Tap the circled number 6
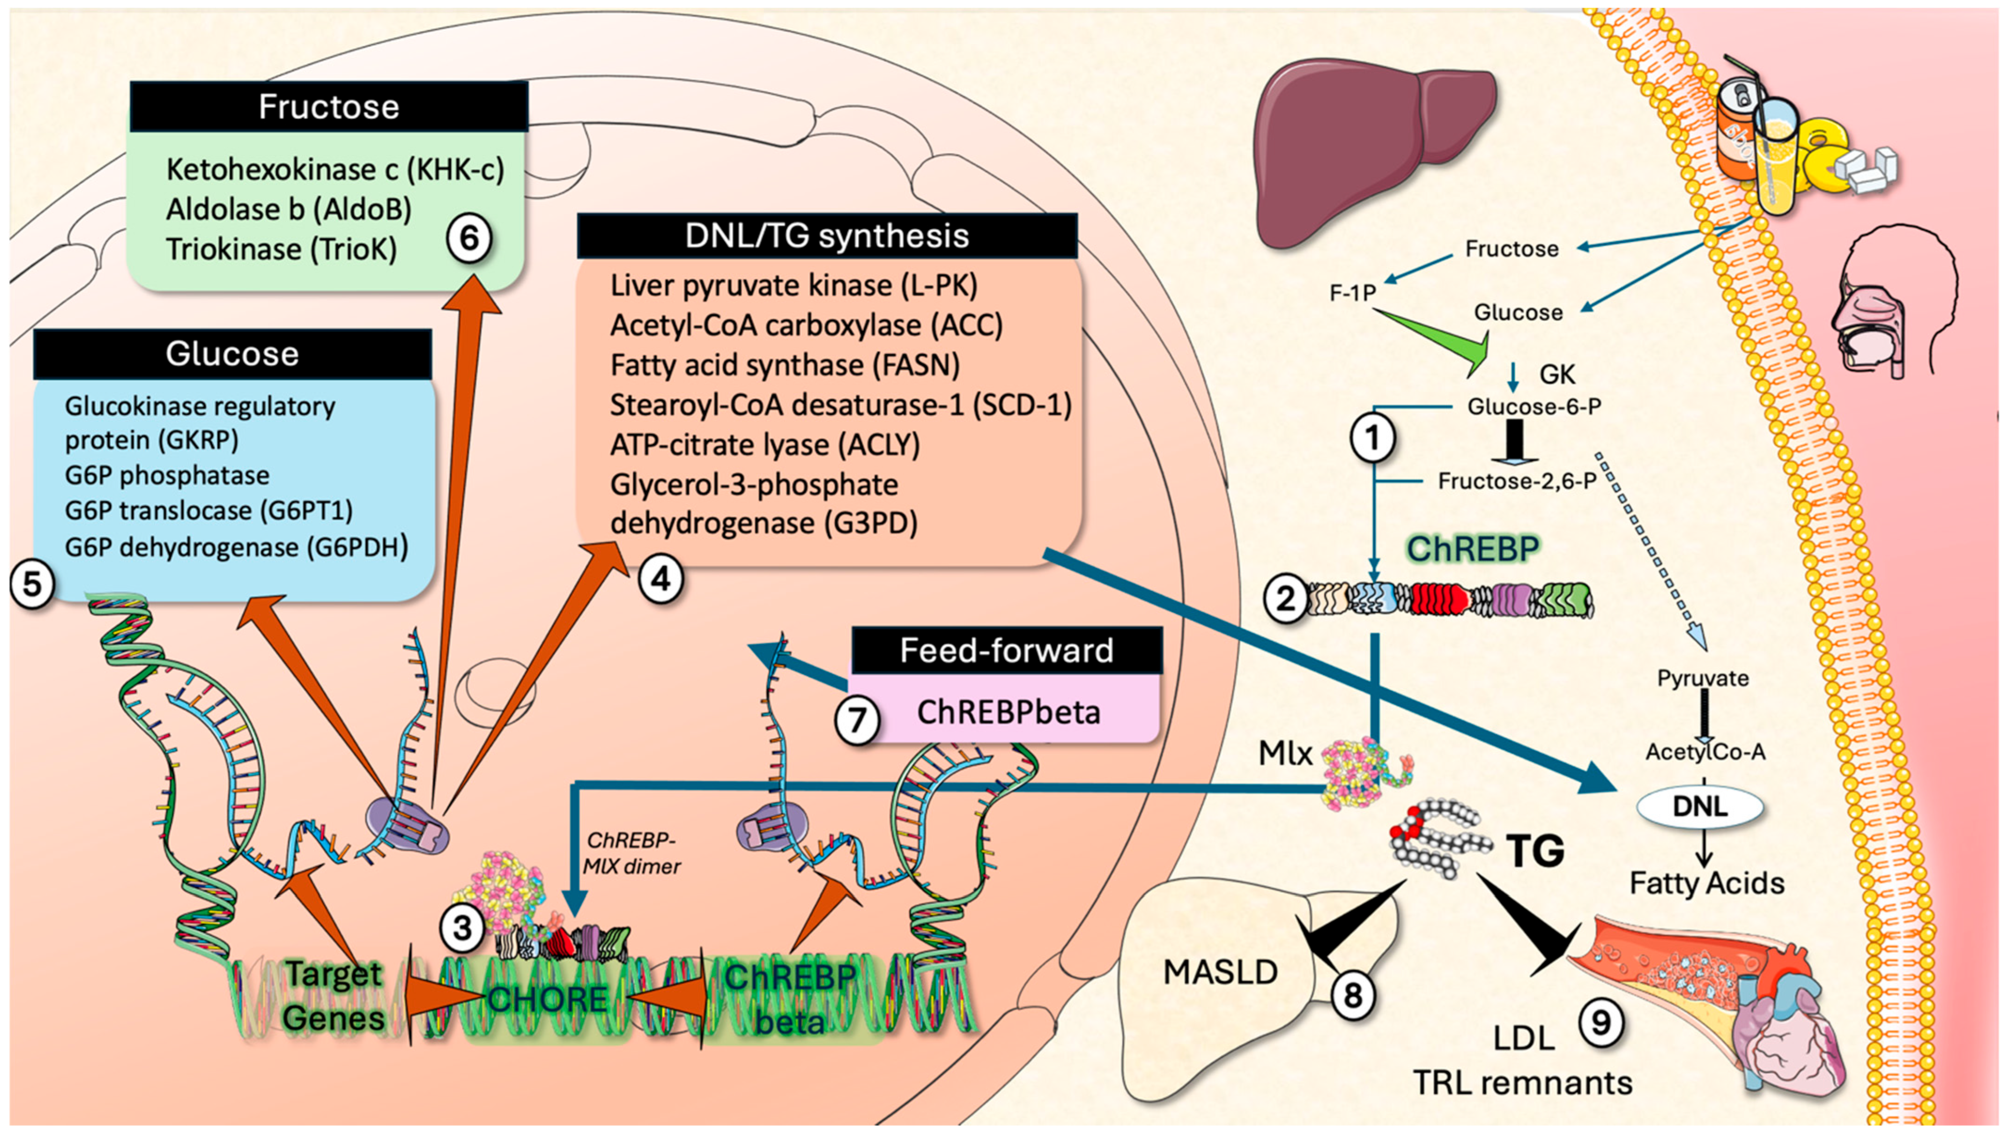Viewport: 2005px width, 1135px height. [468, 237]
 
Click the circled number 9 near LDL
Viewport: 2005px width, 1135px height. [1600, 1022]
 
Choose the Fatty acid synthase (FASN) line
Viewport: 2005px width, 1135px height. [785, 365]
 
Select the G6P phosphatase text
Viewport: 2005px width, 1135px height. [167, 475]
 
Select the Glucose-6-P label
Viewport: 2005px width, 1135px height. [1534, 406]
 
